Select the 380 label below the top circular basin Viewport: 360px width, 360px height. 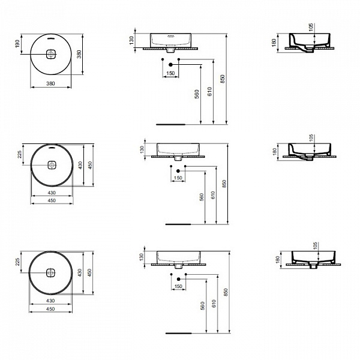coord(50,83)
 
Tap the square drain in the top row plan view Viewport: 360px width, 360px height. coord(50,54)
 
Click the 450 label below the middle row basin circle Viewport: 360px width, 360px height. coord(50,200)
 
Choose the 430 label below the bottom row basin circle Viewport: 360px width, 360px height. coord(50,300)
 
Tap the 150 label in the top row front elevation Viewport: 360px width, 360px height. coord(171,73)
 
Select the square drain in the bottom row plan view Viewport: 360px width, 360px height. coord(50,272)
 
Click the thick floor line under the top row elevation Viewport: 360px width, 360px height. coord(172,124)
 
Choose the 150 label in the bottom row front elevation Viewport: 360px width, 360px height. coord(178,286)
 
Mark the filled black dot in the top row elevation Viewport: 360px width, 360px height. coord(171,64)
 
